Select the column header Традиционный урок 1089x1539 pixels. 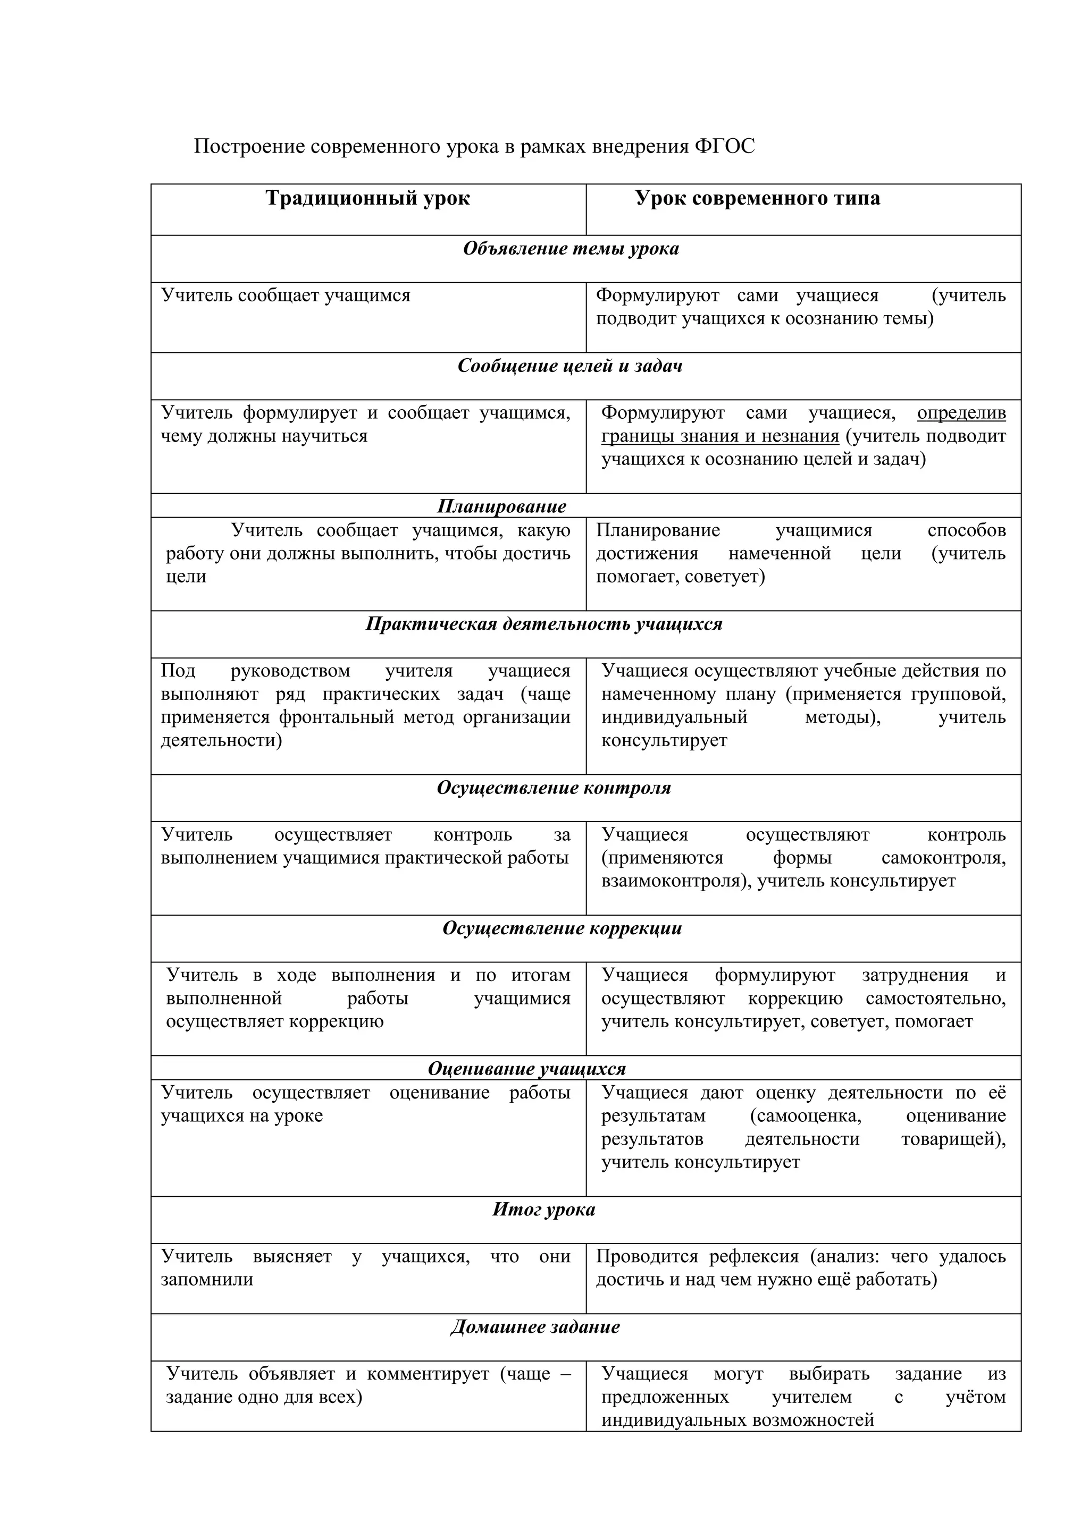[367, 198]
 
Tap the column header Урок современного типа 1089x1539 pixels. [758, 198]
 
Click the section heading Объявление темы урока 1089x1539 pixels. [571, 249]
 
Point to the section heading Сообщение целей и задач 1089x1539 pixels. [570, 366]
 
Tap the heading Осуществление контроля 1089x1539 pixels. [554, 788]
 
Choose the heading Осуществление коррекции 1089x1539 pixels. [562, 928]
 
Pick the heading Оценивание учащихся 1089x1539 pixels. [526, 1069]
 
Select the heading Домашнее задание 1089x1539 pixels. [535, 1326]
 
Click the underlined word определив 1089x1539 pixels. [961, 413]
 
